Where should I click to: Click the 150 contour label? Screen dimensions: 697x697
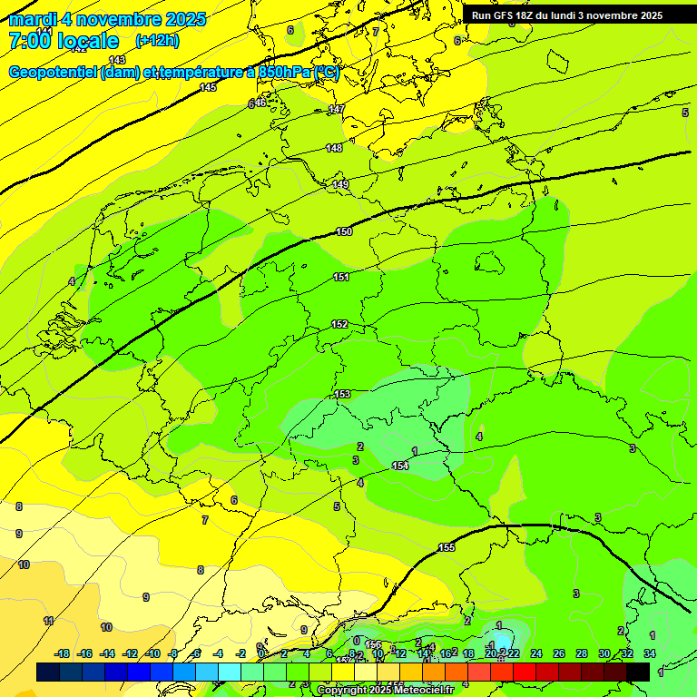click(344, 231)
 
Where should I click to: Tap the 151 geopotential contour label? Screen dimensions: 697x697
click(341, 277)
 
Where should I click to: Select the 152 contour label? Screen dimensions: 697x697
click(339, 324)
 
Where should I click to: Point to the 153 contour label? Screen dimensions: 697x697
click(342, 394)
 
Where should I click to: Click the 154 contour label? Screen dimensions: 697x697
click(400, 466)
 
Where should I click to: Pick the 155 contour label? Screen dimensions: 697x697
click(446, 547)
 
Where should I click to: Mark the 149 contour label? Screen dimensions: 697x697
click(340, 184)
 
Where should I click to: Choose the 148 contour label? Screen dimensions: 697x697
click(334, 148)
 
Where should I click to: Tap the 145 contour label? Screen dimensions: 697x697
click(209, 87)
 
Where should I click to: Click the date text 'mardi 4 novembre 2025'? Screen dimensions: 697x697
click(107, 19)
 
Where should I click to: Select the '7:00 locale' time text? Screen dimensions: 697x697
click(64, 41)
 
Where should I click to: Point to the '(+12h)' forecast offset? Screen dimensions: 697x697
click(157, 41)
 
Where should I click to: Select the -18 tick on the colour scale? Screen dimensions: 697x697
click(62, 653)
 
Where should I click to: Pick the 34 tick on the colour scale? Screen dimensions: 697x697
click(650, 653)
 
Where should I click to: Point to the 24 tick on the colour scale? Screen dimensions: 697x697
click(536, 653)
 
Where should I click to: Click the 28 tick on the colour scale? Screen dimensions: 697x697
click(582, 653)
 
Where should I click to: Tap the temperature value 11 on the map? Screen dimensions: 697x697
click(49, 621)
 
